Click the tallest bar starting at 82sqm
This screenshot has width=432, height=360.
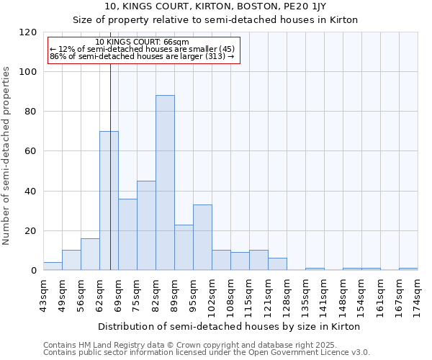(x=165, y=183)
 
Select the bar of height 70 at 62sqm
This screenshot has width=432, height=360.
(x=109, y=201)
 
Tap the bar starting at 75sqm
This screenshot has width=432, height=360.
(x=146, y=225)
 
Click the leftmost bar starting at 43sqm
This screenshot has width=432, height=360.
(x=53, y=266)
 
